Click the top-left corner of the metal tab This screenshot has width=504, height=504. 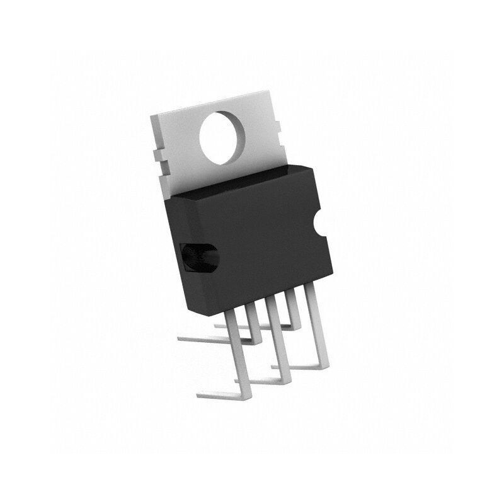pyautogui.click(x=151, y=117)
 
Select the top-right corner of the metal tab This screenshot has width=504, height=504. pyautogui.click(x=272, y=94)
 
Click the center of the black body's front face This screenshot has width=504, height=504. pyautogui.click(x=252, y=246)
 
